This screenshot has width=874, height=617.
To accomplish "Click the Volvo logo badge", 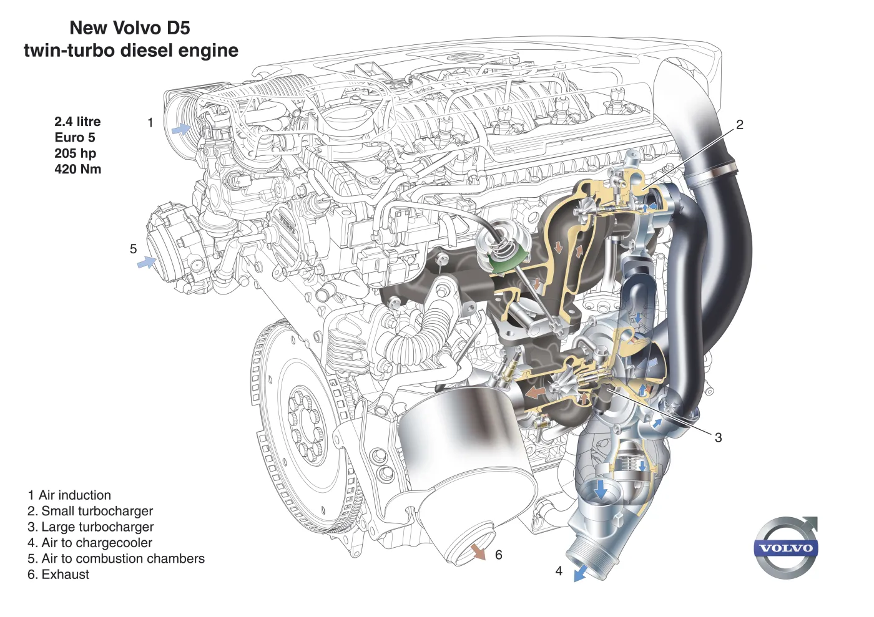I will (786, 548).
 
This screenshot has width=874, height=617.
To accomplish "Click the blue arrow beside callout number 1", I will (181, 129).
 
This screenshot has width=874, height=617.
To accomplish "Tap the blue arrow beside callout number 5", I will (147, 263).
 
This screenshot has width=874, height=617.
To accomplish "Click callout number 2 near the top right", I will (740, 125).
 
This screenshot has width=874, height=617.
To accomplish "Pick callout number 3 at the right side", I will (719, 437).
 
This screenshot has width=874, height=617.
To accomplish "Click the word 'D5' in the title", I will (178, 28).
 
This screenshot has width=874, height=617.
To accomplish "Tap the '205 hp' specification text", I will (75, 153).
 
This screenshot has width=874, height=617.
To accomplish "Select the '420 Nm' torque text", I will (77, 169).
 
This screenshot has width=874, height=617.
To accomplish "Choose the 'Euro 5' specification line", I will (75, 137).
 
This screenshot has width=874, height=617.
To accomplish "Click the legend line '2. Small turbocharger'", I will (90, 511).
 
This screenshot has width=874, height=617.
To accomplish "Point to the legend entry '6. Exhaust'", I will (58, 575).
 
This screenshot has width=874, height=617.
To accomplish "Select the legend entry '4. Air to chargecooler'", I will (90, 543).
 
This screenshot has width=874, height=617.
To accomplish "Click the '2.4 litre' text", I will (77, 122).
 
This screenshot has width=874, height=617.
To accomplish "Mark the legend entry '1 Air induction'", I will (69, 495).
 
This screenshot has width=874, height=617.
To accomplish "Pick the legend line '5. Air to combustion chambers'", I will (116, 559).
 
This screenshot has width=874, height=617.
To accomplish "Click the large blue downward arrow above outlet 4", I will (600, 488).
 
